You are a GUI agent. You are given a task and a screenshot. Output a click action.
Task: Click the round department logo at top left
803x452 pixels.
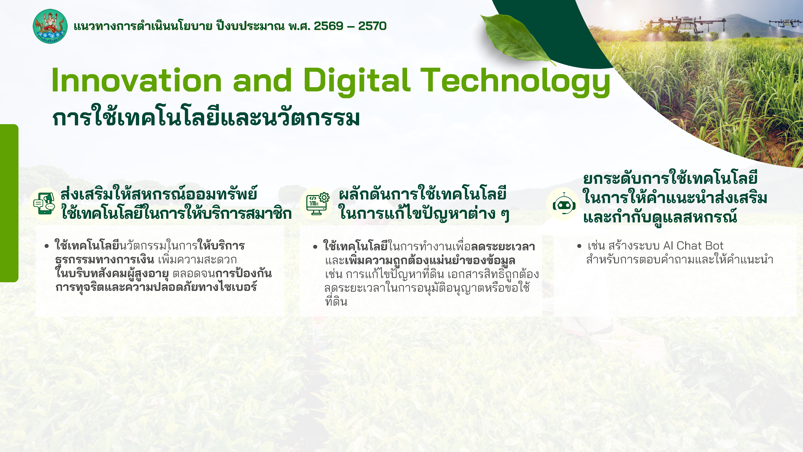pos(50,26)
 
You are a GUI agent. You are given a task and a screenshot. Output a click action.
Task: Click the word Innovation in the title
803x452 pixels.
pos(136,81)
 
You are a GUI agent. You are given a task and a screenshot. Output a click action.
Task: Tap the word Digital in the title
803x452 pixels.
pos(356,81)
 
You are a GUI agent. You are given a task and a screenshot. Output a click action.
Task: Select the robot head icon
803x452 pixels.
pos(564,204)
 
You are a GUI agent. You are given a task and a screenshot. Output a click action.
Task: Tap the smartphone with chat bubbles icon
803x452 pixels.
pos(44,203)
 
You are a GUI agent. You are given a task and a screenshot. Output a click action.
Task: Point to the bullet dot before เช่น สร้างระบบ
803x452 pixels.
pos(579,246)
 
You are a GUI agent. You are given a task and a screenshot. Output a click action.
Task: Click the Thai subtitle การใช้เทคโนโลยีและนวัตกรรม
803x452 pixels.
pos(206,118)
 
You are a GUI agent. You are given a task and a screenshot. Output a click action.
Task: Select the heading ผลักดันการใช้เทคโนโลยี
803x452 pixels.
pos(422,194)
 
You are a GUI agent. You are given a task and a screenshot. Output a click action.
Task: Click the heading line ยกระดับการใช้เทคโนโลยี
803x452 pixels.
pos(670,178)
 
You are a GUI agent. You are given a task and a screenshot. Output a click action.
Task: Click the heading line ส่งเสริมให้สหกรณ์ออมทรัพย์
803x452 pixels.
pos(159,194)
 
